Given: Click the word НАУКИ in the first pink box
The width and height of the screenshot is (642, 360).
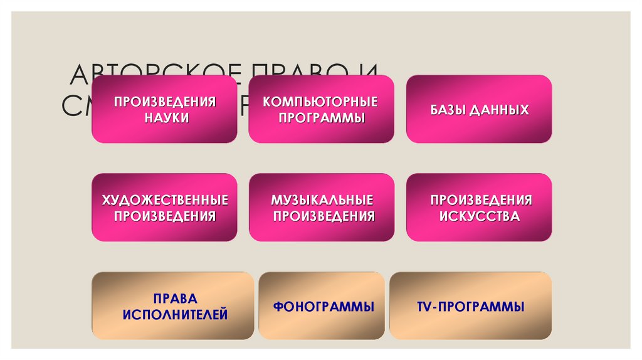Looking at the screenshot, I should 164,117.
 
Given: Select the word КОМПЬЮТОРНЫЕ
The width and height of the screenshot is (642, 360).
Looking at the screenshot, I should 321,102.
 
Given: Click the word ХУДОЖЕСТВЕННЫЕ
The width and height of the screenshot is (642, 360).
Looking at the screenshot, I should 164,201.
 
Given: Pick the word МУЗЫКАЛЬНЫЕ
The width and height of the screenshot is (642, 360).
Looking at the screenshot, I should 322,201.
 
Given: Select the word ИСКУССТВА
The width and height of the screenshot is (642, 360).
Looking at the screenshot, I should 480,216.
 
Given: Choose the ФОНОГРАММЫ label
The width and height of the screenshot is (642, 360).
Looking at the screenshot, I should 324,307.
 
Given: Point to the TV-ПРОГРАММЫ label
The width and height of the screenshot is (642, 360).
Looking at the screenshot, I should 470,307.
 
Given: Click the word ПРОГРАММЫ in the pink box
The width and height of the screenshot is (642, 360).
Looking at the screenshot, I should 322,117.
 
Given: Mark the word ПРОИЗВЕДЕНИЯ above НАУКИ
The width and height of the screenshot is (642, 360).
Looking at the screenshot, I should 164,102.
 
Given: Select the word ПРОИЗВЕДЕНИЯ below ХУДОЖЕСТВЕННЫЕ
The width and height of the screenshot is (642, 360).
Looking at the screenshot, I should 164,216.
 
